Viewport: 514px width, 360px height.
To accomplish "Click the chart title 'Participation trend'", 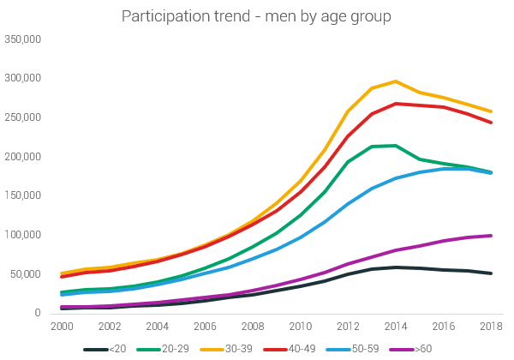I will coord(257,16).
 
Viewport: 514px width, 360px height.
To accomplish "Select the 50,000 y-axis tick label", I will coord(27,274).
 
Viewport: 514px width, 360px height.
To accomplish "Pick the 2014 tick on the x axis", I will coord(395,327).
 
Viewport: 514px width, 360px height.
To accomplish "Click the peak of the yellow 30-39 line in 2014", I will coord(395,81).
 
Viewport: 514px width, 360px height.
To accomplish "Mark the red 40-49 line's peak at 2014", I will coord(395,104).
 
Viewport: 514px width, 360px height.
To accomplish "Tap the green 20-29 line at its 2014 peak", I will coord(395,146).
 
